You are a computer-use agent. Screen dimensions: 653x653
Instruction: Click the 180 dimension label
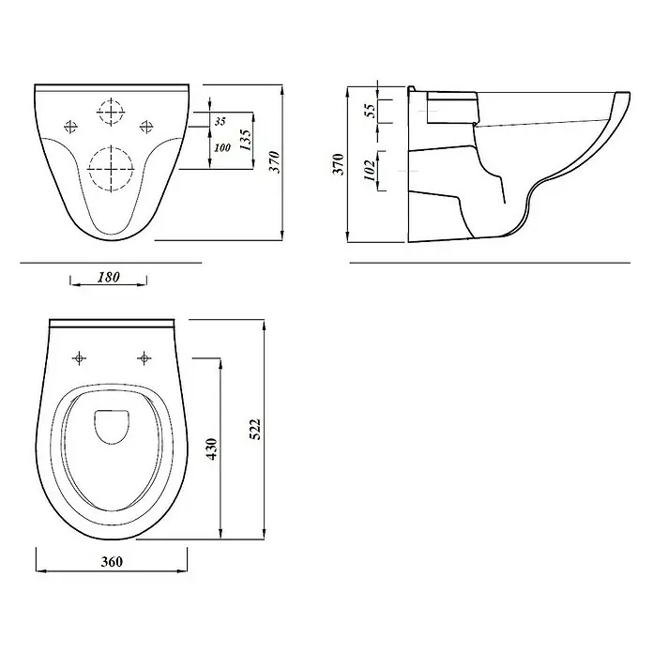(109, 277)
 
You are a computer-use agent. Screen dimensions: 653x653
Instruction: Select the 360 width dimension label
(112, 562)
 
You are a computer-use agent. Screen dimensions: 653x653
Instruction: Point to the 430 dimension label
(211, 448)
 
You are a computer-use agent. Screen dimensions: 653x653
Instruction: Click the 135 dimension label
(245, 140)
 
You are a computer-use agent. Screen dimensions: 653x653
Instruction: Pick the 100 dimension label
(222, 147)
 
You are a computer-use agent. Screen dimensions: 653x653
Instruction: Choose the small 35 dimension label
(220, 121)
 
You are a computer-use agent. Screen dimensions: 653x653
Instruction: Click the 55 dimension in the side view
(370, 111)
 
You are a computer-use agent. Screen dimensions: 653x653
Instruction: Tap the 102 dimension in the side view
(370, 170)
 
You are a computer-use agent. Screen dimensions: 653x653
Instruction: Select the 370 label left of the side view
(338, 164)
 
